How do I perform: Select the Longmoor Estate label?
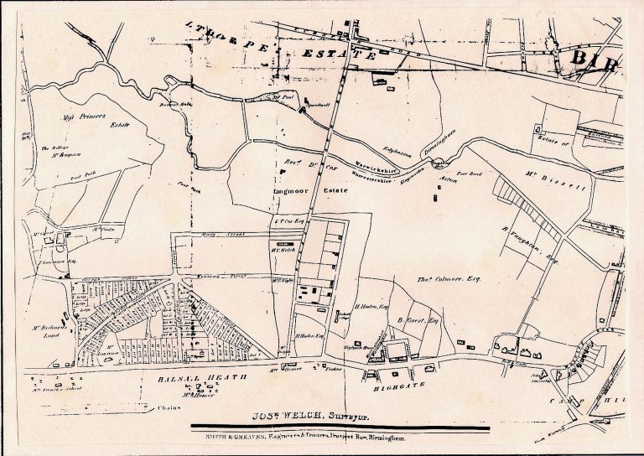pyautogui.click(x=299, y=192)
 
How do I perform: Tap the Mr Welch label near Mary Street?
pyautogui.click(x=281, y=247)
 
